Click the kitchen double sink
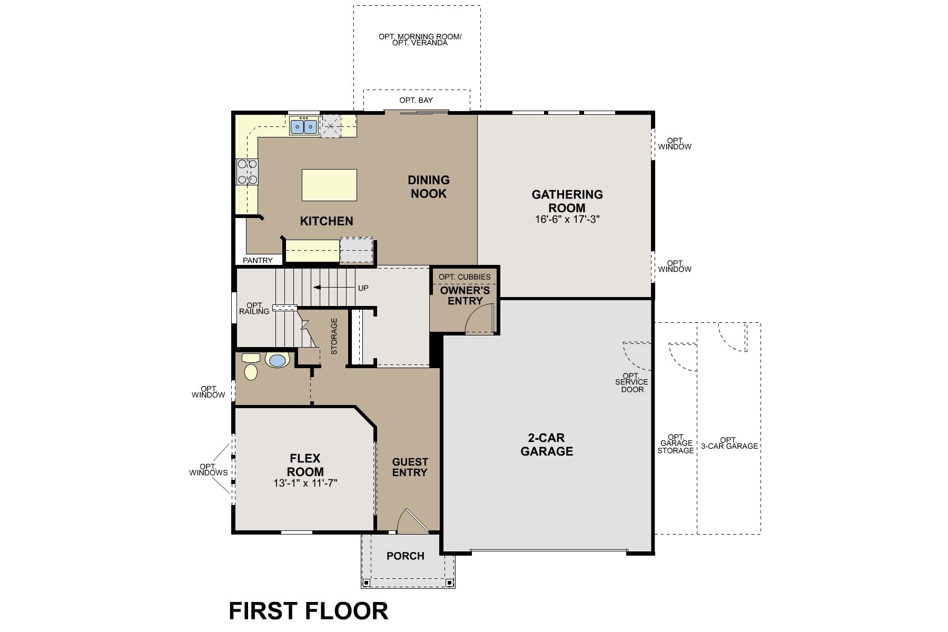[304, 126]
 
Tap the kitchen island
[329, 185]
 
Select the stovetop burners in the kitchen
[247, 172]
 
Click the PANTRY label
[258, 260]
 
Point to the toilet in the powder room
[251, 368]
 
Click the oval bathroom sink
[278, 360]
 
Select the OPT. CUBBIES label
[465, 276]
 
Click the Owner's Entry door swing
[480, 319]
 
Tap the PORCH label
[405, 556]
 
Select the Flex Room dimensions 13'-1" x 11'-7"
[305, 483]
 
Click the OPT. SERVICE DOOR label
[632, 383]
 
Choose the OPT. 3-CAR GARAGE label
[729, 443]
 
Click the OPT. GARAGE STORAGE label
[676, 444]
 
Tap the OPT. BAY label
[416, 100]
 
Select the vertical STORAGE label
[334, 336]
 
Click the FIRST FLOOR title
[308, 611]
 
